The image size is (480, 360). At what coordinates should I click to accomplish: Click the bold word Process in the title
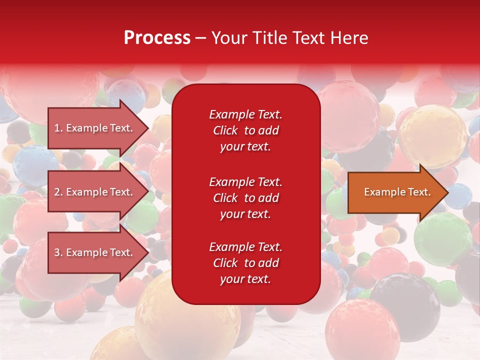(x=157, y=38)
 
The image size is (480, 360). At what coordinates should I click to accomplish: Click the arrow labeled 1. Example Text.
(x=98, y=128)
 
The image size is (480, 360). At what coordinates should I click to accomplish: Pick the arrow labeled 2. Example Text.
(x=98, y=191)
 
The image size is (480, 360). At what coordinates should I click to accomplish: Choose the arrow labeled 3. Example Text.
(x=98, y=252)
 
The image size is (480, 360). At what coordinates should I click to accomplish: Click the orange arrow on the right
(x=398, y=192)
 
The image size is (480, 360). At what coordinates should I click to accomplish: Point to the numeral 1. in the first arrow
(x=58, y=128)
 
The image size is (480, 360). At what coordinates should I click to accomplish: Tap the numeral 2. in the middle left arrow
(x=58, y=192)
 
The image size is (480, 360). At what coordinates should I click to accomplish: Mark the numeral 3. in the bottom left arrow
(x=58, y=252)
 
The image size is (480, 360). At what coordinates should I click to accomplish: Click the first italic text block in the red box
(x=245, y=130)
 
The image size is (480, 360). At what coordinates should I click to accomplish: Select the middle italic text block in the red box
(x=245, y=198)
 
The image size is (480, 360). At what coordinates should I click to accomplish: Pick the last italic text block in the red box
(x=245, y=263)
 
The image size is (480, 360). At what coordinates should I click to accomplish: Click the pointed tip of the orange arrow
(x=448, y=192)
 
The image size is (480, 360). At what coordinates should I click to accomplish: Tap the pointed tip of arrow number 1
(x=148, y=128)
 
